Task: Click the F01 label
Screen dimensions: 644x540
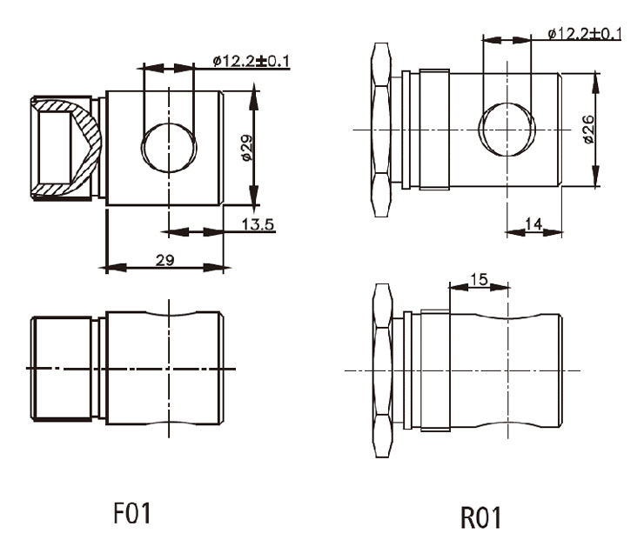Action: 131,513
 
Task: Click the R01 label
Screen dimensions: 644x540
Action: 481,517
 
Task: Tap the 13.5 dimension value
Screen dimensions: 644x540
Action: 258,224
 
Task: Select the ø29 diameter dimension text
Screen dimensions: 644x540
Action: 246,148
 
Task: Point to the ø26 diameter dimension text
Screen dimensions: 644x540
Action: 588,130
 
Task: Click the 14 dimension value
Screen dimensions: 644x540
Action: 533,223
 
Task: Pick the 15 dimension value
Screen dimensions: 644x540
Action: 479,279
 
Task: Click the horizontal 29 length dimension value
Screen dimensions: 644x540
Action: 164,260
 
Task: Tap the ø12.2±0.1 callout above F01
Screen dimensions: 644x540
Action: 252,61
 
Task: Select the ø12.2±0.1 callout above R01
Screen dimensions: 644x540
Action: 585,33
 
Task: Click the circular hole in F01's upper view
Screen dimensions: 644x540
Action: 169,147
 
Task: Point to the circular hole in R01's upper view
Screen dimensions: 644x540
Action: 507,130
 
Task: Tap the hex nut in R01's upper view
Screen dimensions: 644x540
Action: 380,130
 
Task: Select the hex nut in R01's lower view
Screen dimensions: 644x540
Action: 382,370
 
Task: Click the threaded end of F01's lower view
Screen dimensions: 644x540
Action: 62,369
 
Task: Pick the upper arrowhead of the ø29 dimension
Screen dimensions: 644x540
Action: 254,97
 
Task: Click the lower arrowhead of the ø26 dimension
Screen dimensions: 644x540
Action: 595,175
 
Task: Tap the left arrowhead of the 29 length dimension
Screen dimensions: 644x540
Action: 114,268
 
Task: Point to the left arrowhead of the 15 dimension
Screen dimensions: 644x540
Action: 459,286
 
